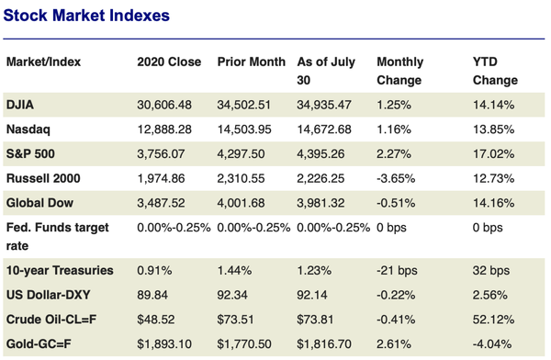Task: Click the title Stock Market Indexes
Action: tap(86, 16)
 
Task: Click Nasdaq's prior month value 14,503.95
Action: tap(249, 129)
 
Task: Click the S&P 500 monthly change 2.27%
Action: tap(394, 152)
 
